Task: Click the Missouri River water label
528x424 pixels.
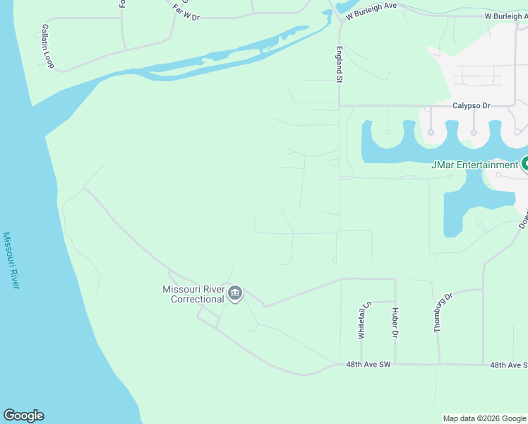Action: point(11,260)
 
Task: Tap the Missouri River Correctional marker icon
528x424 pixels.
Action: point(235,293)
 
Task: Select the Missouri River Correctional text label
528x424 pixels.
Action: point(193,294)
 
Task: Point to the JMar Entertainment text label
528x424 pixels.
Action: point(474,165)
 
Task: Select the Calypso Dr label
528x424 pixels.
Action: point(471,105)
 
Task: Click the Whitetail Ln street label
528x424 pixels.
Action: point(363,321)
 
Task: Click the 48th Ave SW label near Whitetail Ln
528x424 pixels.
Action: point(368,365)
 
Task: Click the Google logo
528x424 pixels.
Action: point(23,416)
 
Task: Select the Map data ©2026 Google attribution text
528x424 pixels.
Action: point(484,418)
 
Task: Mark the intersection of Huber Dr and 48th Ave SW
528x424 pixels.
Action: point(395,365)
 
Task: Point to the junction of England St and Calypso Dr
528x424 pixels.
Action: point(340,106)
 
